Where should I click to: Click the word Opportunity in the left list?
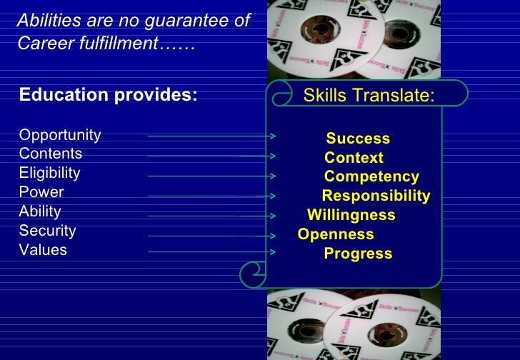point(60,136)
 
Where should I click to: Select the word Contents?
point(51,154)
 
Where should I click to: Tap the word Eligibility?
point(49,174)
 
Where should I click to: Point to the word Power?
point(41,193)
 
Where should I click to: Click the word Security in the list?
point(47,231)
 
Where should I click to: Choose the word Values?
point(43,251)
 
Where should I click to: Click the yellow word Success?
point(358,139)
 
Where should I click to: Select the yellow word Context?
point(354,158)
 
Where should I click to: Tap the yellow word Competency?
point(371,177)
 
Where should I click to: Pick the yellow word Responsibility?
point(376,196)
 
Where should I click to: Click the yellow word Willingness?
point(351,216)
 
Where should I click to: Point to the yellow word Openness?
point(336,235)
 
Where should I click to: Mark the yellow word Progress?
point(358,254)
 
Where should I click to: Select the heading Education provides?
point(108,96)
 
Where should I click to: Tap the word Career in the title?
point(41,44)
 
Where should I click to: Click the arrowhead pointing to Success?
point(274,135)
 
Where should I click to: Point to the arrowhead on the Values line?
point(272,251)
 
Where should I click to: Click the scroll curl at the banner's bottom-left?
point(254,271)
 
